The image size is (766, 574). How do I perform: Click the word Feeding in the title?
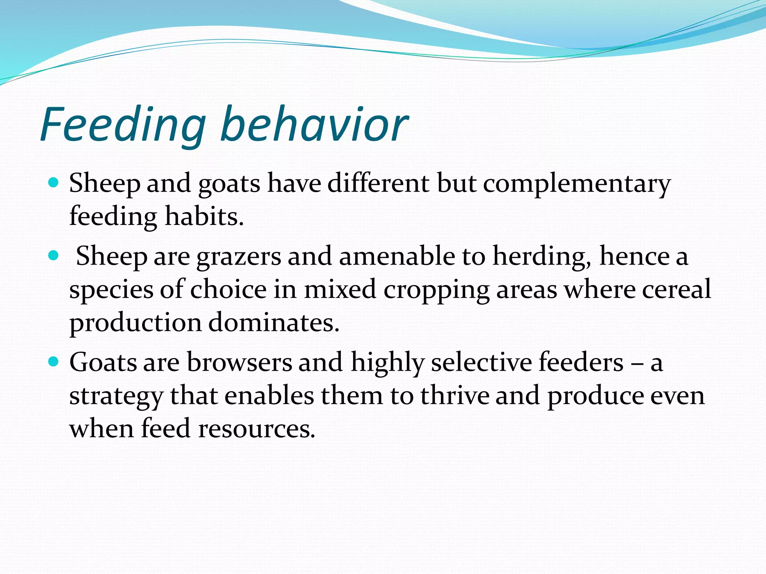(123, 124)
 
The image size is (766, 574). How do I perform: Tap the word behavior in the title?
(314, 124)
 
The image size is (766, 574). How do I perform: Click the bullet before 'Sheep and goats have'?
(54, 183)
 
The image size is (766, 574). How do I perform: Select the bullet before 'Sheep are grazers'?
(54, 256)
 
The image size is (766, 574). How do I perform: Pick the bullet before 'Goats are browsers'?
(54, 362)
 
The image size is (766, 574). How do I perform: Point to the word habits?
(204, 217)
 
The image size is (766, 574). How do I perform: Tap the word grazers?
(239, 257)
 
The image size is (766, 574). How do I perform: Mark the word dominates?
(273, 322)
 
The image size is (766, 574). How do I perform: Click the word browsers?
(239, 362)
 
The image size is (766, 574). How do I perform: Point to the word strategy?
(116, 396)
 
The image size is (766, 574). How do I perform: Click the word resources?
(257, 428)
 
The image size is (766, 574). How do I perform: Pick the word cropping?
(436, 290)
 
